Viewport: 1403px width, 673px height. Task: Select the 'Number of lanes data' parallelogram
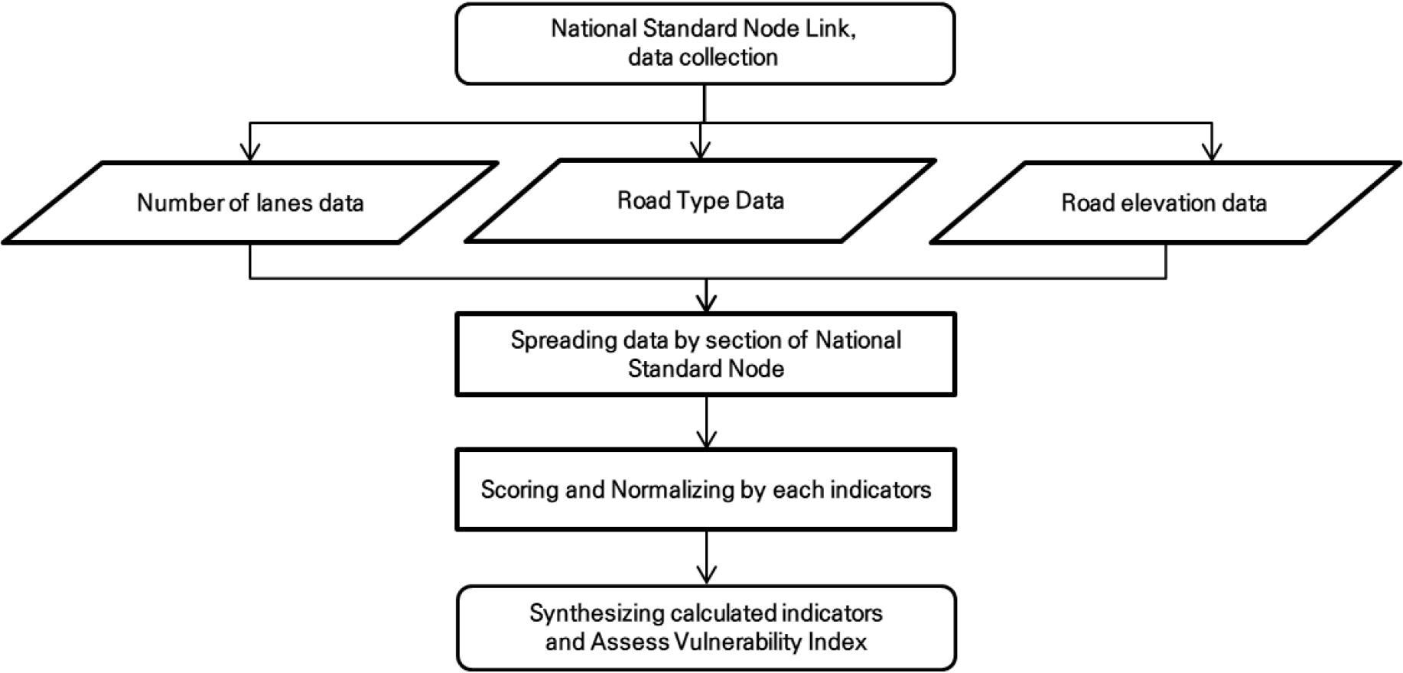[250, 203]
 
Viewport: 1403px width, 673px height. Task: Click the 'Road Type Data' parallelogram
[701, 200]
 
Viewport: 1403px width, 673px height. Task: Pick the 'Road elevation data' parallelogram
[1165, 203]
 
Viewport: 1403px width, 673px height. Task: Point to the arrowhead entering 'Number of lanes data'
[250, 151]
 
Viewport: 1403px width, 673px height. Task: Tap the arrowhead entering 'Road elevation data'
[1211, 151]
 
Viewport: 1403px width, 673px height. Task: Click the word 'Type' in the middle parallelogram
[705, 201]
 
